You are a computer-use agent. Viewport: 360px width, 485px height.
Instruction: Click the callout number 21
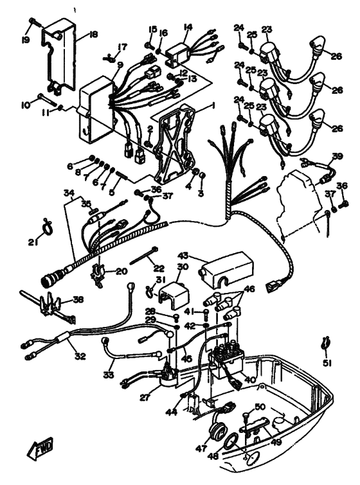[x=33, y=242]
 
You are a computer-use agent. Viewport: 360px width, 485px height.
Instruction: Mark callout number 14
[x=188, y=27]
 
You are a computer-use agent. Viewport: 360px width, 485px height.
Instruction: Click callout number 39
[x=337, y=156]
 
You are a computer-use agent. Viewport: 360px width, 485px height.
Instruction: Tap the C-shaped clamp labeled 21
[x=46, y=225]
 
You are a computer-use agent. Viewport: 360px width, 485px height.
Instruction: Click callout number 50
[x=260, y=407]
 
